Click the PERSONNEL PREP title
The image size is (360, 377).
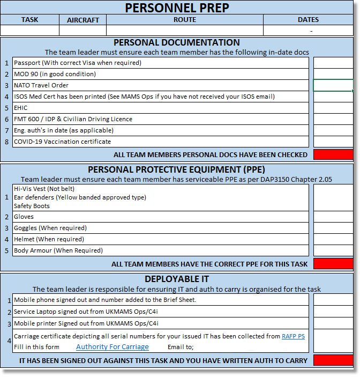[177, 8]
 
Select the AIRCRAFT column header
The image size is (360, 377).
[83, 20]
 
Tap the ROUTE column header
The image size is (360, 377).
[184, 20]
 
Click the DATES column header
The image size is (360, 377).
[308, 20]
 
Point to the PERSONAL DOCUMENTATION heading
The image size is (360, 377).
[177, 42]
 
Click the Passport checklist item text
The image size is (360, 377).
[78, 63]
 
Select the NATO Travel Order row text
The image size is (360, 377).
[41, 85]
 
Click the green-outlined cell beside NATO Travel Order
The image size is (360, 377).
[333, 85]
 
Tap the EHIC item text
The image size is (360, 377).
[21, 108]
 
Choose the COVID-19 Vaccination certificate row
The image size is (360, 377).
[63, 142]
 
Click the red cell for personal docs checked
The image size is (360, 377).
[333, 154]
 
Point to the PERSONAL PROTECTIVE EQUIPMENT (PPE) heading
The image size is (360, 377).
[177, 169]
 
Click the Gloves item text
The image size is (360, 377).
[24, 217]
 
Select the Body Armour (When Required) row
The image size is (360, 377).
[58, 250]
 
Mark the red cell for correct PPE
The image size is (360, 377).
[333, 263]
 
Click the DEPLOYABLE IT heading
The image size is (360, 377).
[177, 279]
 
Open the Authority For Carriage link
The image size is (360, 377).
[112, 347]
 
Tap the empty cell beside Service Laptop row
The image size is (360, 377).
[333, 312]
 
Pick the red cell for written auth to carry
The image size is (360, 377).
[333, 360]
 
